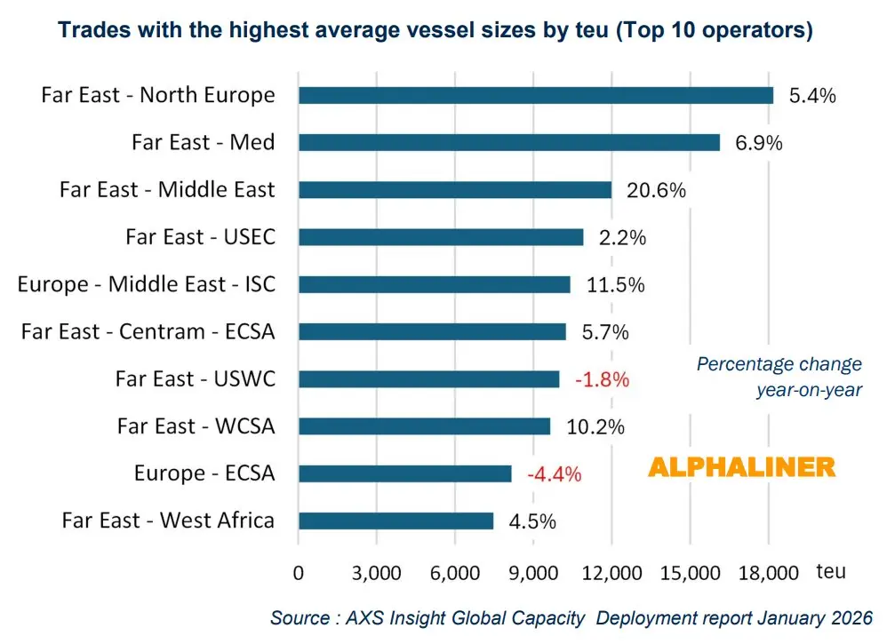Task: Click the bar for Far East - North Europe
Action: click(x=535, y=95)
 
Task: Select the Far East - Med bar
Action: click(x=508, y=142)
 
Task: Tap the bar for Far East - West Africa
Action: click(x=396, y=521)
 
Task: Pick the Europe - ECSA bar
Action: click(x=404, y=473)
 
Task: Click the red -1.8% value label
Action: click(x=602, y=379)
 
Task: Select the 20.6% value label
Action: click(x=653, y=190)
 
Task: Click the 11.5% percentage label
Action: click(x=615, y=285)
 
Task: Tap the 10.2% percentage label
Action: click(x=595, y=426)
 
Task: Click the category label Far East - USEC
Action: click(x=200, y=237)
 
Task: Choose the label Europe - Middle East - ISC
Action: click(x=147, y=284)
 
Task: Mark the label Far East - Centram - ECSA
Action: click(x=148, y=331)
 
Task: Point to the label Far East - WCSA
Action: click(x=196, y=426)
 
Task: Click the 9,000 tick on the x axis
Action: click(x=533, y=573)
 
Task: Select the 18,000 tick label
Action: click(x=769, y=573)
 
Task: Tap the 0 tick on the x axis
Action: click(x=299, y=573)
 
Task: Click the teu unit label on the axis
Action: click(x=832, y=571)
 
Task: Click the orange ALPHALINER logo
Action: click(x=741, y=467)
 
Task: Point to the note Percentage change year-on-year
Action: click(x=779, y=377)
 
